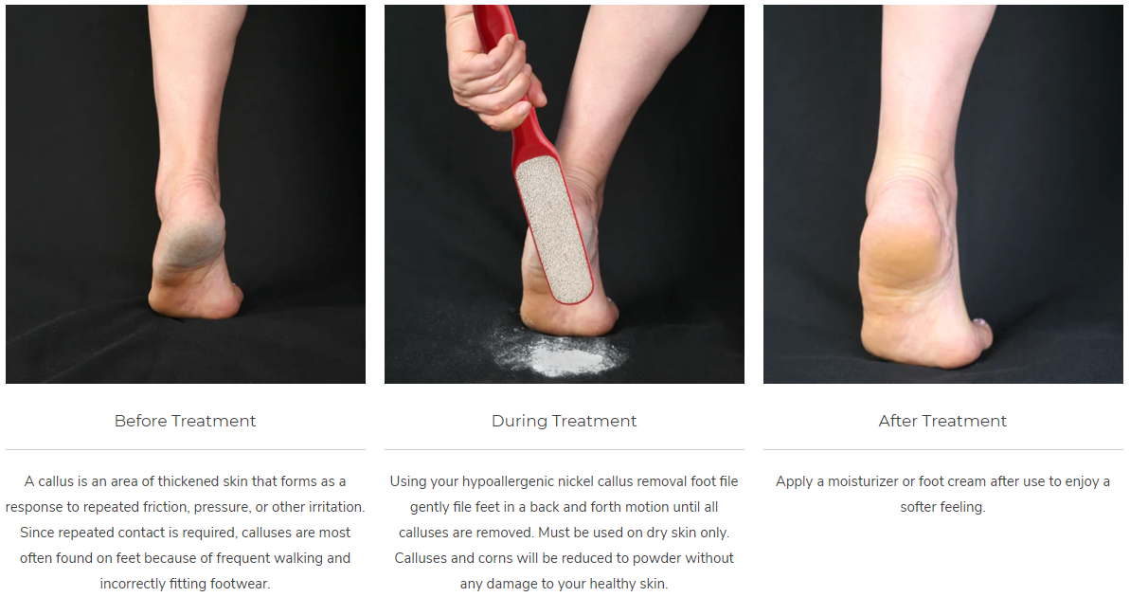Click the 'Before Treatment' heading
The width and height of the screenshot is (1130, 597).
[186, 421]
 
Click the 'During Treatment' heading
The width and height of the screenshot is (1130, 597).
[565, 421]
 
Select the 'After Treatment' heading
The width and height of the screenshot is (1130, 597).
[942, 421]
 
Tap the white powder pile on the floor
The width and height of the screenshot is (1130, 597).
[559, 353]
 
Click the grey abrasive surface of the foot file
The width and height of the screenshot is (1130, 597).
[554, 227]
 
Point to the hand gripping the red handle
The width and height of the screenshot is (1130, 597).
[493, 72]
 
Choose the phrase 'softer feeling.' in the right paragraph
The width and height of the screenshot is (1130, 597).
[942, 507]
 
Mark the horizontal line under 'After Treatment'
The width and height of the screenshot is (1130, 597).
[942, 450]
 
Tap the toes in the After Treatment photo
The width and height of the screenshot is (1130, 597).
[980, 334]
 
